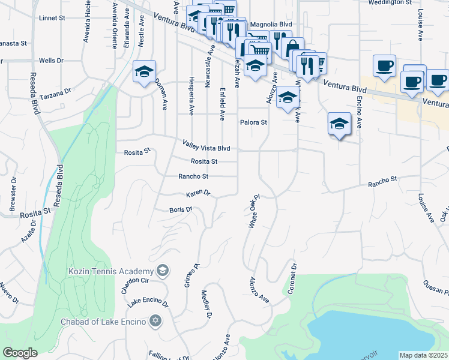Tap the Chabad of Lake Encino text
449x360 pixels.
point(104,322)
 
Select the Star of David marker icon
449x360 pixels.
point(156,321)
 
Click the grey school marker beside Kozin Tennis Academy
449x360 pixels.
point(162,271)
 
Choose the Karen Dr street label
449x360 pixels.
point(198,193)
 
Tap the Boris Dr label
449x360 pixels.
point(180,209)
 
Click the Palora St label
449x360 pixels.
point(253,122)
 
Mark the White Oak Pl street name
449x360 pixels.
point(253,210)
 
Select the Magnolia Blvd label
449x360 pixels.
point(270,24)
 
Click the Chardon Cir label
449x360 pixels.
point(134,286)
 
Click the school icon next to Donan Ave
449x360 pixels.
point(144,71)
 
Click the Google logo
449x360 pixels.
point(20,353)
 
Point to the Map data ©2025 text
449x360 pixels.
point(423,355)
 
